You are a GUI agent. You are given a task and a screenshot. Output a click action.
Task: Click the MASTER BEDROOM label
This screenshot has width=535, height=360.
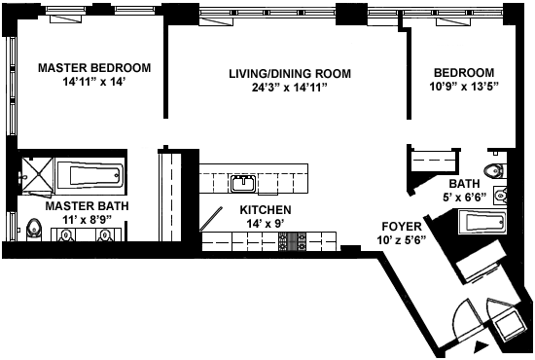[94, 67]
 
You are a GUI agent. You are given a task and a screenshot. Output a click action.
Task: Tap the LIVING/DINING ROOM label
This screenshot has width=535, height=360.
[290, 73]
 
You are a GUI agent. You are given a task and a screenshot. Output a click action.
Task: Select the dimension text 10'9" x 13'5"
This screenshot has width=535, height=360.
[464, 87]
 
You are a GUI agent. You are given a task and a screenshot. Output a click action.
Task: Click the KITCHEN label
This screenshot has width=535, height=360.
[266, 209]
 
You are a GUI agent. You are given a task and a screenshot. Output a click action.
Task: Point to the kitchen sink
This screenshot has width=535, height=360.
[243, 184]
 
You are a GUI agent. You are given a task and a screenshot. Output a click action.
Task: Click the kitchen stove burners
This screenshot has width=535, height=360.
[292, 241]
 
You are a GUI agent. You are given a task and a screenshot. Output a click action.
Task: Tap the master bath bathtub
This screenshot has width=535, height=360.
[90, 175]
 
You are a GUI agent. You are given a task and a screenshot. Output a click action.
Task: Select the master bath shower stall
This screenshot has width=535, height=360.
[38, 175]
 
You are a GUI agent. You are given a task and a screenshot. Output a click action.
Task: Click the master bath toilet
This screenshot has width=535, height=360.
[34, 230]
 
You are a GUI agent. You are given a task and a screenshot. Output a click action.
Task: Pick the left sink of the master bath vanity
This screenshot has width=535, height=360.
[66, 234]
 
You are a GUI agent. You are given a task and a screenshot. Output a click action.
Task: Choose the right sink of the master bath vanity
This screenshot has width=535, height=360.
[104, 234]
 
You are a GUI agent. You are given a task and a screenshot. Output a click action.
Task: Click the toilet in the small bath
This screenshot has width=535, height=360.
[495, 170]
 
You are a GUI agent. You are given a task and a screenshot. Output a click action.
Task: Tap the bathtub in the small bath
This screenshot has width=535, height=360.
[483, 222]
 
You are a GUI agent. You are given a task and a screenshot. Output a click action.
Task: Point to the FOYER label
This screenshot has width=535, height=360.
[402, 227]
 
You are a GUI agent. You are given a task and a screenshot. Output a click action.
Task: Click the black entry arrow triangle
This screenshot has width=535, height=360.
[481, 347]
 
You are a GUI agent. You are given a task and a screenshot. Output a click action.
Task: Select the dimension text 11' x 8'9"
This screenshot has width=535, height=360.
[88, 220]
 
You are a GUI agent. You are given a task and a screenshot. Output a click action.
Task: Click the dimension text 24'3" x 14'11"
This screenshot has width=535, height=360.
[290, 88]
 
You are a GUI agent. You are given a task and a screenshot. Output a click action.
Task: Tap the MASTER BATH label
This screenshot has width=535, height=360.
[87, 206]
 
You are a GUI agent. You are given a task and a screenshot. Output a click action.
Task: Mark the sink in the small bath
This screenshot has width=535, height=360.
[500, 196]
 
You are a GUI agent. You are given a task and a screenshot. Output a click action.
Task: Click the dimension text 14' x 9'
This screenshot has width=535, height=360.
[266, 224]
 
